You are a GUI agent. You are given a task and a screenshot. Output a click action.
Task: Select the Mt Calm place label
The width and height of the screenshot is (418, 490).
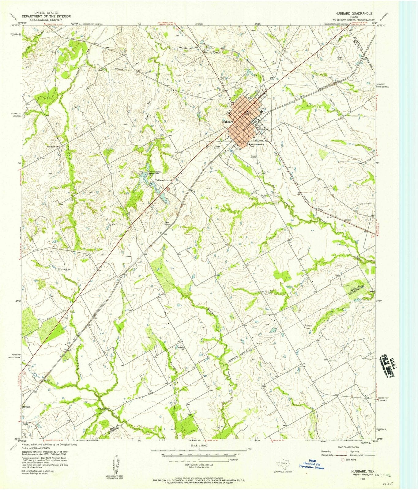(x=27, y=407)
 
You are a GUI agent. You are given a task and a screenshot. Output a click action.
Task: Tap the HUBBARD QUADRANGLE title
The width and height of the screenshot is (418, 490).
(x=354, y=13)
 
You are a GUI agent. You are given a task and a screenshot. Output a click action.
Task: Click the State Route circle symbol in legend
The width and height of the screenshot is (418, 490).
(x=343, y=459)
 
